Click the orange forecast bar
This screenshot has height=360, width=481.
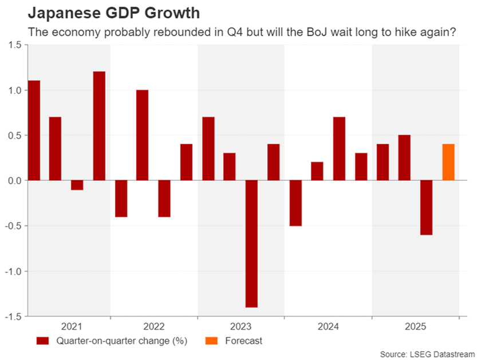(448, 163)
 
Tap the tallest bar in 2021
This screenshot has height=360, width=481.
(99, 126)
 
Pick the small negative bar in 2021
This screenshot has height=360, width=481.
(77, 185)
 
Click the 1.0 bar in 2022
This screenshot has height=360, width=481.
(143, 135)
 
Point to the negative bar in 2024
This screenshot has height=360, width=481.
(295, 203)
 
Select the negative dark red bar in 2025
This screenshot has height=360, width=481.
(427, 208)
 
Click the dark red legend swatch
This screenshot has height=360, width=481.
(42, 341)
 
